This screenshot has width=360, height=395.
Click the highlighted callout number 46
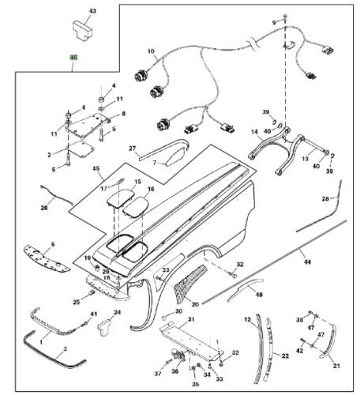click(x=73, y=58)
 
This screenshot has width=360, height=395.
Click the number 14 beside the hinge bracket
click(x=254, y=133)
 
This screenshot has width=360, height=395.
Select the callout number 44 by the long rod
click(x=308, y=261)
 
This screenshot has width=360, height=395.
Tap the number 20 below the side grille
click(x=195, y=303)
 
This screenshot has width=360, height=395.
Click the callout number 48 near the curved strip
click(x=258, y=294)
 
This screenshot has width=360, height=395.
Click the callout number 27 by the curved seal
click(x=133, y=148)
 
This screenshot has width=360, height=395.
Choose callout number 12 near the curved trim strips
click(x=246, y=319)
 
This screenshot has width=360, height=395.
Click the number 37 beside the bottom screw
click(x=157, y=373)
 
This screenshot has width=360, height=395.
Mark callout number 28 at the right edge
click(x=325, y=199)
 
